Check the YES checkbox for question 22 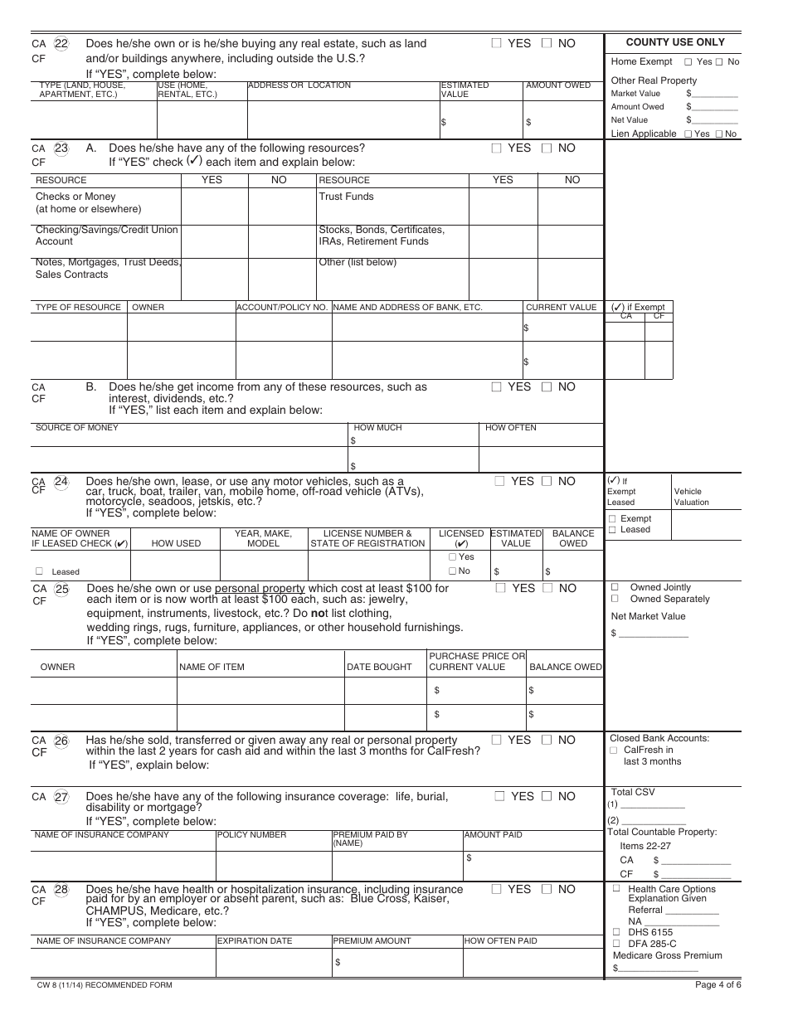(496, 43)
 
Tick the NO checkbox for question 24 (547, 481)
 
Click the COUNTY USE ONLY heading (674, 42)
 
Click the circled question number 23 (61, 148)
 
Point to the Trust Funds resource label (346, 197)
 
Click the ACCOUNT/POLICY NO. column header (282, 308)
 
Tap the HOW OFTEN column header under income (510, 428)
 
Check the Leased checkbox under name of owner (39, 571)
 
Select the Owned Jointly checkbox (615, 587)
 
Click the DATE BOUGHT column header (379, 667)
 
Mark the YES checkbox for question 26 (496, 740)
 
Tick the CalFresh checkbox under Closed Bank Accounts (615, 750)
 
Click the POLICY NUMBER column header (251, 835)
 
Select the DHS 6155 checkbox (616, 932)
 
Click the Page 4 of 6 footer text (718, 985)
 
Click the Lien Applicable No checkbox (719, 134)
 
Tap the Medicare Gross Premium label (667, 955)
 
